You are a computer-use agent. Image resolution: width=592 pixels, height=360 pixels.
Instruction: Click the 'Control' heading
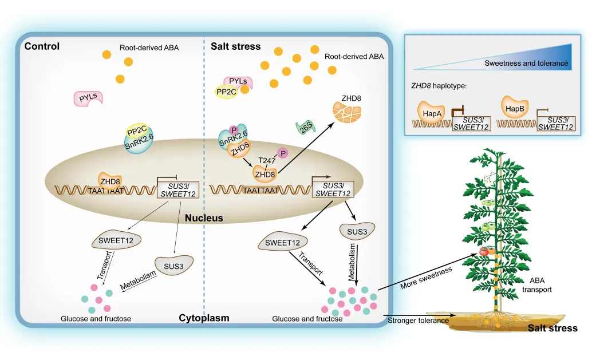click(x=42, y=46)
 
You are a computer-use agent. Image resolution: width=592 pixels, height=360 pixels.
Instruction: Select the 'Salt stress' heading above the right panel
click(x=236, y=46)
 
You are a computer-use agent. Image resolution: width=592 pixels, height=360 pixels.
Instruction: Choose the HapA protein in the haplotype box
click(x=430, y=113)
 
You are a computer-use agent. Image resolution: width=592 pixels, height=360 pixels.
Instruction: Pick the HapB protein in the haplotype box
click(x=514, y=107)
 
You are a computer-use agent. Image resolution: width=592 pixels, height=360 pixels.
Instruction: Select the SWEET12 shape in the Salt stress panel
click(x=283, y=243)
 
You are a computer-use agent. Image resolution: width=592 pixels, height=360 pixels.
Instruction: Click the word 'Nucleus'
click(x=204, y=218)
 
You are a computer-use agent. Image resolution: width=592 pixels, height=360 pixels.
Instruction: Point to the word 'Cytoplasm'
click(x=204, y=318)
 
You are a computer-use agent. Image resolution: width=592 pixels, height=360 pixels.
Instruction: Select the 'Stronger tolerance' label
click(x=419, y=321)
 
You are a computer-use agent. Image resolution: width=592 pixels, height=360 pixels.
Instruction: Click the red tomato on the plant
click(x=484, y=251)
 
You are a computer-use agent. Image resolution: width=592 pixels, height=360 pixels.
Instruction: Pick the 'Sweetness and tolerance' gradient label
click(x=526, y=63)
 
